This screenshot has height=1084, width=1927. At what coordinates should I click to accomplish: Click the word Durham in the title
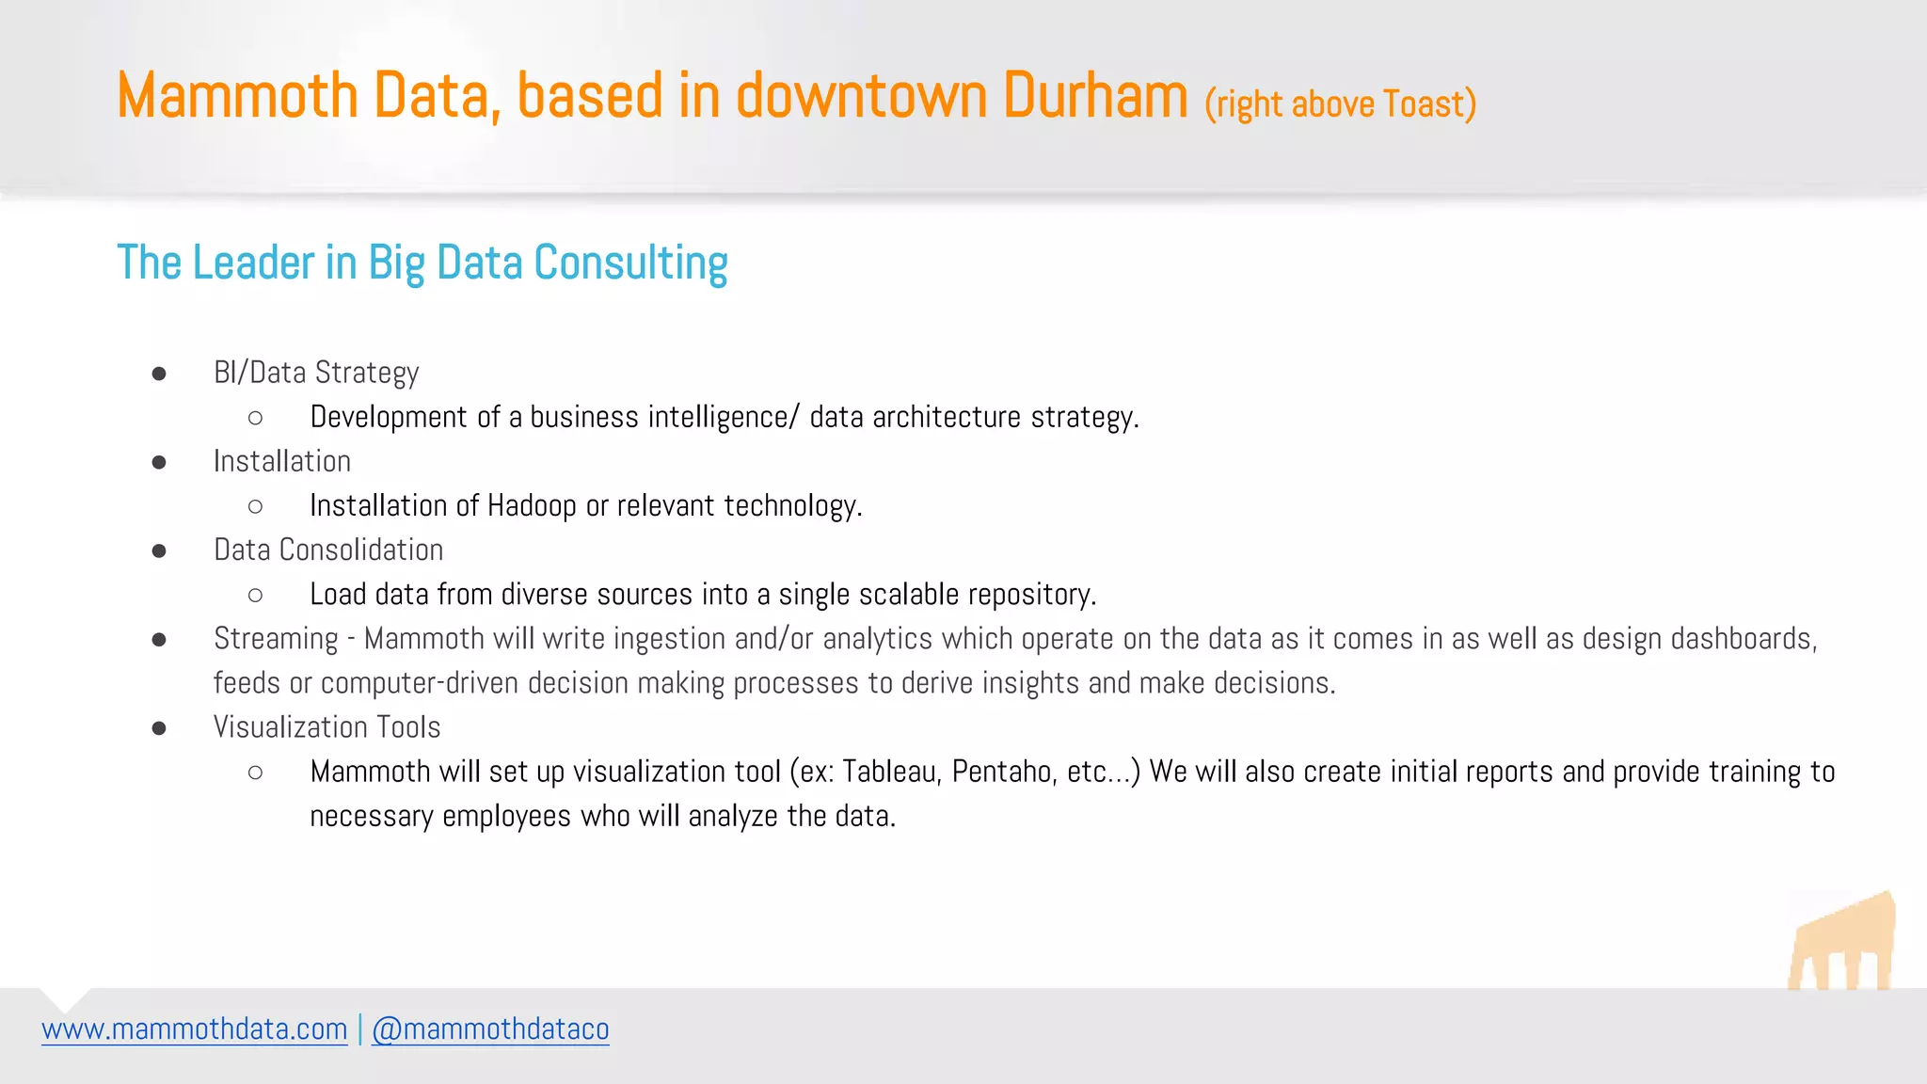(x=1095, y=96)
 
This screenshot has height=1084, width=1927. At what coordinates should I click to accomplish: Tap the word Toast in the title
(x=1424, y=104)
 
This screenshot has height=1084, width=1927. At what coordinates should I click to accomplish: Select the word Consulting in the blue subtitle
(x=630, y=263)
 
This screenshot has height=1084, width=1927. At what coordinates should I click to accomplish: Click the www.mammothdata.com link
(x=195, y=1029)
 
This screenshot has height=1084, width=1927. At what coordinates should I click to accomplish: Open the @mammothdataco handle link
(x=490, y=1029)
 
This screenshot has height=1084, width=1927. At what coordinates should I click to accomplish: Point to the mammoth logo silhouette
(x=1842, y=944)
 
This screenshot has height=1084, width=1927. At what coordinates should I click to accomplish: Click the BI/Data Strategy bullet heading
(x=316, y=373)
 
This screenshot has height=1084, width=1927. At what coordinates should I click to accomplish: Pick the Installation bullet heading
(x=282, y=461)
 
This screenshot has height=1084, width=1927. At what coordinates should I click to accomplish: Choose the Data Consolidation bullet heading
(x=328, y=550)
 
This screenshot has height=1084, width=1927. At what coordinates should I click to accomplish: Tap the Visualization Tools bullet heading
(x=326, y=727)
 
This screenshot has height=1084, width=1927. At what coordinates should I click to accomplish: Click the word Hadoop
(x=532, y=506)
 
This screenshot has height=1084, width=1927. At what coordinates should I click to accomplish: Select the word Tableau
(x=891, y=772)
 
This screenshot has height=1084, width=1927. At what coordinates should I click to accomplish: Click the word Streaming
(x=276, y=639)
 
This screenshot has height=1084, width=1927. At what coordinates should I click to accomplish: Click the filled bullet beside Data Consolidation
(x=159, y=550)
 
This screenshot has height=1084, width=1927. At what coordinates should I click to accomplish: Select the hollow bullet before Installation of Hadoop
(x=255, y=507)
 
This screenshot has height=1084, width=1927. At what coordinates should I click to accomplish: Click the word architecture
(x=947, y=417)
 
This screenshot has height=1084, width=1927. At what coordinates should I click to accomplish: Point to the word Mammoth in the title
(x=237, y=96)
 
